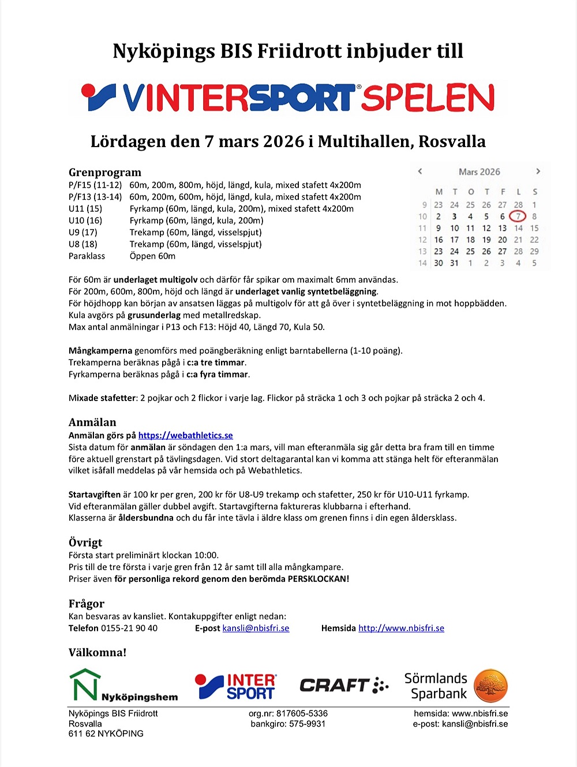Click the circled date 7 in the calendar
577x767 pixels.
(x=518, y=216)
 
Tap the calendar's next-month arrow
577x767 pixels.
(x=538, y=171)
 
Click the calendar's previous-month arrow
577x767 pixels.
(x=420, y=171)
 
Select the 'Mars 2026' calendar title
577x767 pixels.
(x=479, y=172)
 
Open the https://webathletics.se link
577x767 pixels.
(x=185, y=436)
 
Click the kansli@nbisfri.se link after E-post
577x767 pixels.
(x=256, y=628)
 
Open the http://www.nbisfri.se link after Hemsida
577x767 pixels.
(x=401, y=628)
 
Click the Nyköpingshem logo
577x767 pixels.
(x=123, y=686)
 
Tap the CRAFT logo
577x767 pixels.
(x=343, y=686)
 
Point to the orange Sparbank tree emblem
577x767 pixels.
(x=490, y=686)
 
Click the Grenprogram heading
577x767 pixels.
(x=104, y=172)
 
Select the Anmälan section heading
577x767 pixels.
(x=92, y=422)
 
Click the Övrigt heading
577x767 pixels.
(x=85, y=542)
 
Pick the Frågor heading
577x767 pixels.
(x=87, y=603)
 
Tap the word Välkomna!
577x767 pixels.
(x=97, y=652)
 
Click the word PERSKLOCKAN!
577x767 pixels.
(x=318, y=579)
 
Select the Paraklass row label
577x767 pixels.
(x=87, y=256)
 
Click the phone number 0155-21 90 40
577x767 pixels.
(x=129, y=628)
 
